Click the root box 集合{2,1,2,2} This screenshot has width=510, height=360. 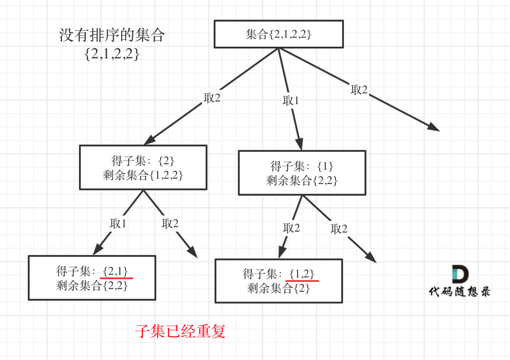coord(279,34)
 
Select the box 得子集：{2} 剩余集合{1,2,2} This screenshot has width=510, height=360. coord(143,167)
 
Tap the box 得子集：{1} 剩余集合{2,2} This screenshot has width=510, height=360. coord(302,173)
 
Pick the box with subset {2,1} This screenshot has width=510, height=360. coord(92,278)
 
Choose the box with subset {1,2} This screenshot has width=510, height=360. coord(279,281)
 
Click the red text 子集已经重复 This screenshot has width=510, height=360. coord(180,331)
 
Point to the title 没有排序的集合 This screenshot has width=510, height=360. coord(112,35)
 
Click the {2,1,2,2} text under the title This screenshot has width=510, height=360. coord(112,54)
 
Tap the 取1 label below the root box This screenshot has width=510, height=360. coord(290,101)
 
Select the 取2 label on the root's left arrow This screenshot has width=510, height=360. coord(212,97)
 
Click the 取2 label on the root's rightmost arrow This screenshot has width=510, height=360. coord(359,89)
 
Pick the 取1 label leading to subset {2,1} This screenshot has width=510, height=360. coord(118,224)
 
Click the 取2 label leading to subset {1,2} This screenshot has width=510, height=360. coord(291,228)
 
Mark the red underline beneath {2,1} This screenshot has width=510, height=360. coord(116,278)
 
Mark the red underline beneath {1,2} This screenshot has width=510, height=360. coord(302,281)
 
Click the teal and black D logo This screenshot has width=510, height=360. coord(460,274)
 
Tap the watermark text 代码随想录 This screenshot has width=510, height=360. coord(460,292)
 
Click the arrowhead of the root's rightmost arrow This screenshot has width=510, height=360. coord(434,127)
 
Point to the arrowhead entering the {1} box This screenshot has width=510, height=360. coord(299,144)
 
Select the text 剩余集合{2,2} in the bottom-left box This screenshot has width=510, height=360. coord(92,285)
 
